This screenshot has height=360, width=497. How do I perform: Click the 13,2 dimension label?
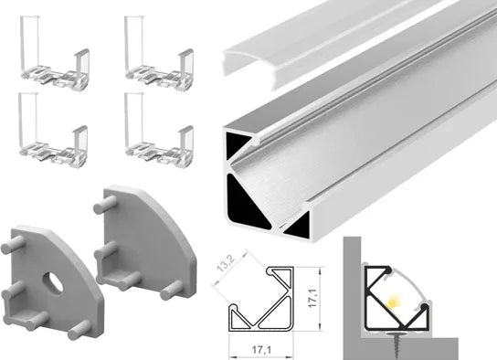pyautogui.click(x=226, y=263)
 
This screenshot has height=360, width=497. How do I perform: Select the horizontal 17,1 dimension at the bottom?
pyautogui.click(x=261, y=350)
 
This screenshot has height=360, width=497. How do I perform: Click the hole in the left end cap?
pyautogui.click(x=53, y=281)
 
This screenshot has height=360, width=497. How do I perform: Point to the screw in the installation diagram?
pyautogui.click(x=396, y=344)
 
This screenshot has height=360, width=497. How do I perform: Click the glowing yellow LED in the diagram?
pyautogui.click(x=393, y=302)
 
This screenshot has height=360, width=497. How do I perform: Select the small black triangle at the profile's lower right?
pyautogui.click(x=298, y=226)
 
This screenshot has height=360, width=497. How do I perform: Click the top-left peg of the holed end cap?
pyautogui.click(x=13, y=245)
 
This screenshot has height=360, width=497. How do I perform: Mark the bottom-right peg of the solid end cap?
pyautogui.click(x=172, y=291)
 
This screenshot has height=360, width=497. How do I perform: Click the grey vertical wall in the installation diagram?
pyautogui.click(x=352, y=298)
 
